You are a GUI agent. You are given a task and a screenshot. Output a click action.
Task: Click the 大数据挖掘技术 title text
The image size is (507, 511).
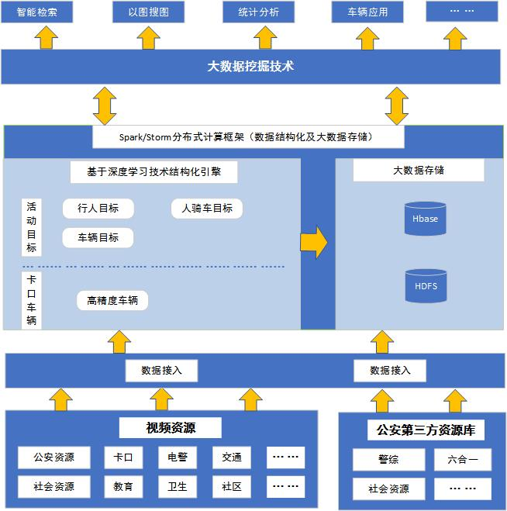250,67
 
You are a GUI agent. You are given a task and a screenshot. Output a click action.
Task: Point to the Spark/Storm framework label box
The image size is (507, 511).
248,137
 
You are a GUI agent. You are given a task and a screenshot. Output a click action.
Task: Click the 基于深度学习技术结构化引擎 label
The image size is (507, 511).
151,171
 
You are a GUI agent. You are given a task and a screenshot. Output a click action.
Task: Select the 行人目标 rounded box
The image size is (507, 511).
98,209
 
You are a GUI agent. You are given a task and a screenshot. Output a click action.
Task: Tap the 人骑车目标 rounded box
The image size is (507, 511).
207,209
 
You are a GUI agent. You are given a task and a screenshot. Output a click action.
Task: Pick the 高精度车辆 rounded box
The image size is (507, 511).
112,301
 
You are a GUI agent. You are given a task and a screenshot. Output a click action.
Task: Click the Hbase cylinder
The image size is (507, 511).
425,219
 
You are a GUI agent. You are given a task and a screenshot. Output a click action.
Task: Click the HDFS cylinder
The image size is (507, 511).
425,285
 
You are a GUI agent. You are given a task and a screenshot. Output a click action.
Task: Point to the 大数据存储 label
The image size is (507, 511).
419,171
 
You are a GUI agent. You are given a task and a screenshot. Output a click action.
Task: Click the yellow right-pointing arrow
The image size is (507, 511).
314,243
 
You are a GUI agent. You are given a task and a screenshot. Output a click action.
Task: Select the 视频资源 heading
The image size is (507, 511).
171,427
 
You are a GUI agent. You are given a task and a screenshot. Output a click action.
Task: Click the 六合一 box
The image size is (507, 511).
463,460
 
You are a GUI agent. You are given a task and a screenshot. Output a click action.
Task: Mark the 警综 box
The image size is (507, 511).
389,460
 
